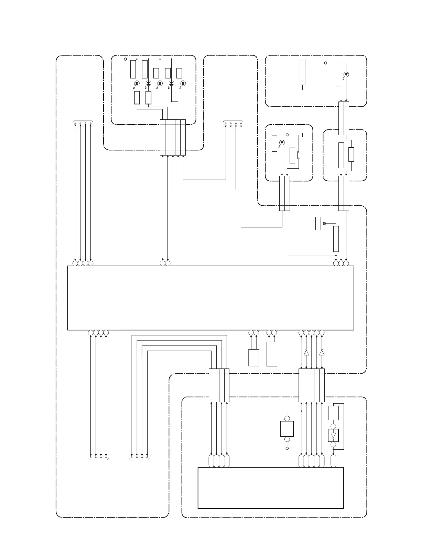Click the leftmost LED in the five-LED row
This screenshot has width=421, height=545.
pyautogui.click(x=137, y=83)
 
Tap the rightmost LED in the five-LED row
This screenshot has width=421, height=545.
pyautogui.click(x=183, y=83)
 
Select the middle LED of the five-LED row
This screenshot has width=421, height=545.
pyautogui.click(x=160, y=83)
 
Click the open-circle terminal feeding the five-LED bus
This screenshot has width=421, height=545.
pyautogui.click(x=125, y=59)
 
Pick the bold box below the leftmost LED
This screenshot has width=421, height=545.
pyautogui.click(x=137, y=98)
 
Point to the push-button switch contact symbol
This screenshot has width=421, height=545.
pyautogui.click(x=298, y=155)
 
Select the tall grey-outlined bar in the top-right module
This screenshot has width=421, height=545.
pyautogui.click(x=302, y=72)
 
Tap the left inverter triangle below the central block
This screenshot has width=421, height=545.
pyautogui.click(x=306, y=352)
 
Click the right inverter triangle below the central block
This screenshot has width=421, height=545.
pyautogui.click(x=322, y=352)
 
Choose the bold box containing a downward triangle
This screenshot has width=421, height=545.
pyautogui.click(x=333, y=436)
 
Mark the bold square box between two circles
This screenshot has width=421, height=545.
pyautogui.click(x=287, y=429)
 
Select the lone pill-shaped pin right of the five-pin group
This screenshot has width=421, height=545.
pyautogui.click(x=333, y=461)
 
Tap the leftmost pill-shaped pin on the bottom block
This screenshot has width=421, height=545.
pyautogui.click(x=211, y=461)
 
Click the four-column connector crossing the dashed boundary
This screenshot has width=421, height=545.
pyautogui.click(x=219, y=385)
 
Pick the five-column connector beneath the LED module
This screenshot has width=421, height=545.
pyautogui.click(x=173, y=137)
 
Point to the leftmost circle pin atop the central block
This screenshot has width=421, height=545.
pyautogui.click(x=75, y=264)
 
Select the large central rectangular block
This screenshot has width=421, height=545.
pyautogui.click(x=210, y=298)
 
